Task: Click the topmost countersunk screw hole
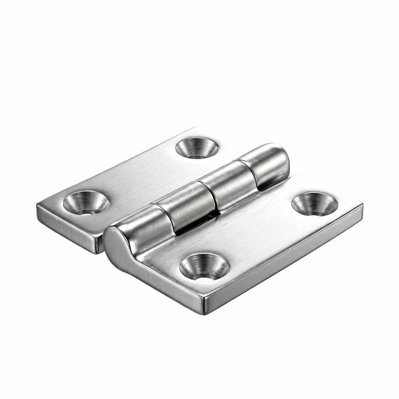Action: pyautogui.click(x=197, y=148)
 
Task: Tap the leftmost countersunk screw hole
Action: pyautogui.click(x=86, y=203)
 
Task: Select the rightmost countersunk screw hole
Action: pyautogui.click(x=314, y=204)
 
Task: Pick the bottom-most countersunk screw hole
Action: pyautogui.click(x=204, y=267)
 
